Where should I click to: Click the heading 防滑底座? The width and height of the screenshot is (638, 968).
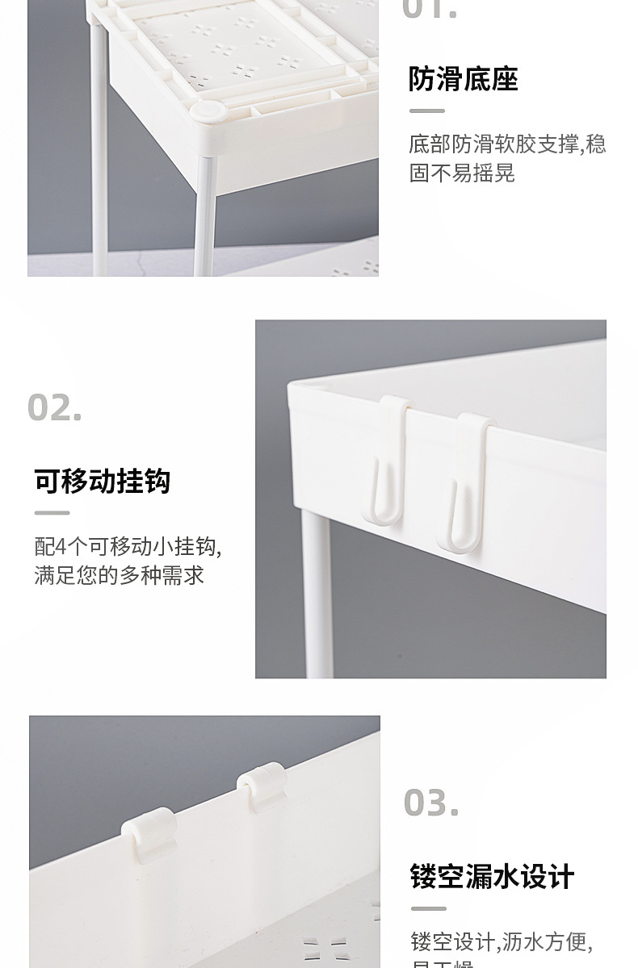click(x=463, y=79)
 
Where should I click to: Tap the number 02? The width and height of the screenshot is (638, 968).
click(x=55, y=407)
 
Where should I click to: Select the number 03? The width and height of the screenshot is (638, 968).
click(x=431, y=803)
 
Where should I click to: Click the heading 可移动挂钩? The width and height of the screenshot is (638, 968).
click(x=103, y=481)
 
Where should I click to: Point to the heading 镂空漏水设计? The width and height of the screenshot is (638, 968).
click(x=492, y=876)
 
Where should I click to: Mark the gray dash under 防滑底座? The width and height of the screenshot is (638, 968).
click(x=426, y=111)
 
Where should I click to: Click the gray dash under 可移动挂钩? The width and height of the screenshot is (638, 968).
click(x=52, y=513)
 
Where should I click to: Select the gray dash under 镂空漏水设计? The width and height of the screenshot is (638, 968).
click(x=427, y=908)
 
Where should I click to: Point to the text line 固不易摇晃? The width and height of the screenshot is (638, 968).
click(x=462, y=173)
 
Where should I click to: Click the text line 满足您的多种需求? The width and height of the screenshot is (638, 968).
click(x=120, y=575)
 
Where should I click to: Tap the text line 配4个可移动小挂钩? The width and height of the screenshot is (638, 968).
click(x=128, y=547)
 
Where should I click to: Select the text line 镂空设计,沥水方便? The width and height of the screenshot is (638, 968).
click(x=502, y=941)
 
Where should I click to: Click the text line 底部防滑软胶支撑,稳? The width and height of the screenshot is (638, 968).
click(x=507, y=144)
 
